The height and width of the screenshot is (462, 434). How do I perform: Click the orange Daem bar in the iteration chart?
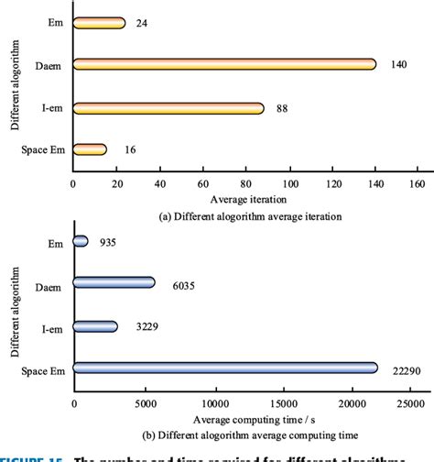pos(224,64)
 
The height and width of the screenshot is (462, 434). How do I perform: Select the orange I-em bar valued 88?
pos(168,108)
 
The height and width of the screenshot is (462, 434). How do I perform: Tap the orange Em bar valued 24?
pos(99,22)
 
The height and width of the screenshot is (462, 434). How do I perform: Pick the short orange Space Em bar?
pos(90,149)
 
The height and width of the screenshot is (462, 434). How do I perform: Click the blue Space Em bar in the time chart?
pos(224,368)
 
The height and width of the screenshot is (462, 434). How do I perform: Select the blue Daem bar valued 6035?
pos(114,283)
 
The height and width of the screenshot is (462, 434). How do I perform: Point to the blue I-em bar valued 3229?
pos(95,325)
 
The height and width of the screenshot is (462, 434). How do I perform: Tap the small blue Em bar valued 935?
pos(81,241)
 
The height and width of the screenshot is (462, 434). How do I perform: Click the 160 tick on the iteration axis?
pos(418,182)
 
